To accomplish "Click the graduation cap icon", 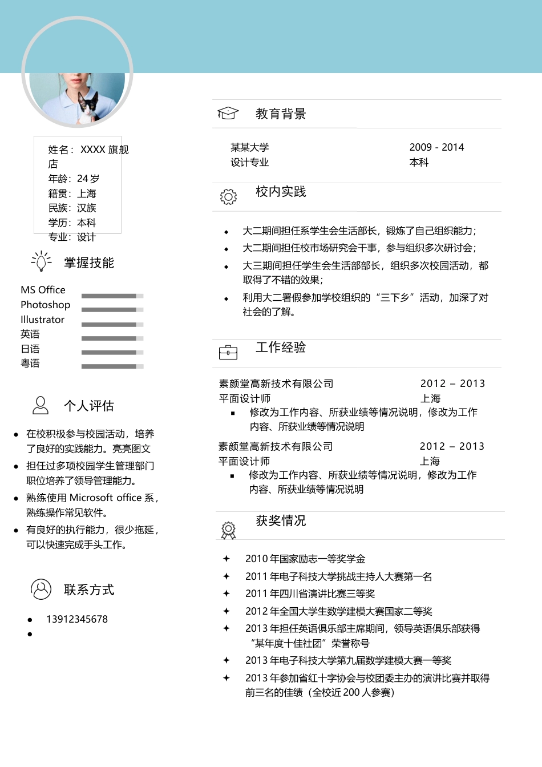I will point(228,113).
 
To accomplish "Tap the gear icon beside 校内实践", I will point(228,196).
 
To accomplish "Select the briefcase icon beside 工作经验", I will point(228,352).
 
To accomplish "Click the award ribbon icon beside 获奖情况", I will point(228,530).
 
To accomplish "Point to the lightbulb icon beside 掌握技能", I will point(41,261).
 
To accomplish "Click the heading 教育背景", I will point(281,114).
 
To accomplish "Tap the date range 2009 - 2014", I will point(436,147).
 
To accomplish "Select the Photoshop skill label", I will point(46,305).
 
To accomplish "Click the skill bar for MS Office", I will point(112,296).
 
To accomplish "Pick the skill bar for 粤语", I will point(112,366).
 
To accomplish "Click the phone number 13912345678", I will point(77,619).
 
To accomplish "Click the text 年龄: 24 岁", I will point(74,179).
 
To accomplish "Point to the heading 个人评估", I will point(89,406).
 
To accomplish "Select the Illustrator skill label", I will point(43,320).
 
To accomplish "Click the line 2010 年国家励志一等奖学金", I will point(305,559).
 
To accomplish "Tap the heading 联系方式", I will point(89,590).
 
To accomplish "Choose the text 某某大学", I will point(249,147).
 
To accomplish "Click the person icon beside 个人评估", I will point(41,405).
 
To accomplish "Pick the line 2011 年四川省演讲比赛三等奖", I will point(310,594).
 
